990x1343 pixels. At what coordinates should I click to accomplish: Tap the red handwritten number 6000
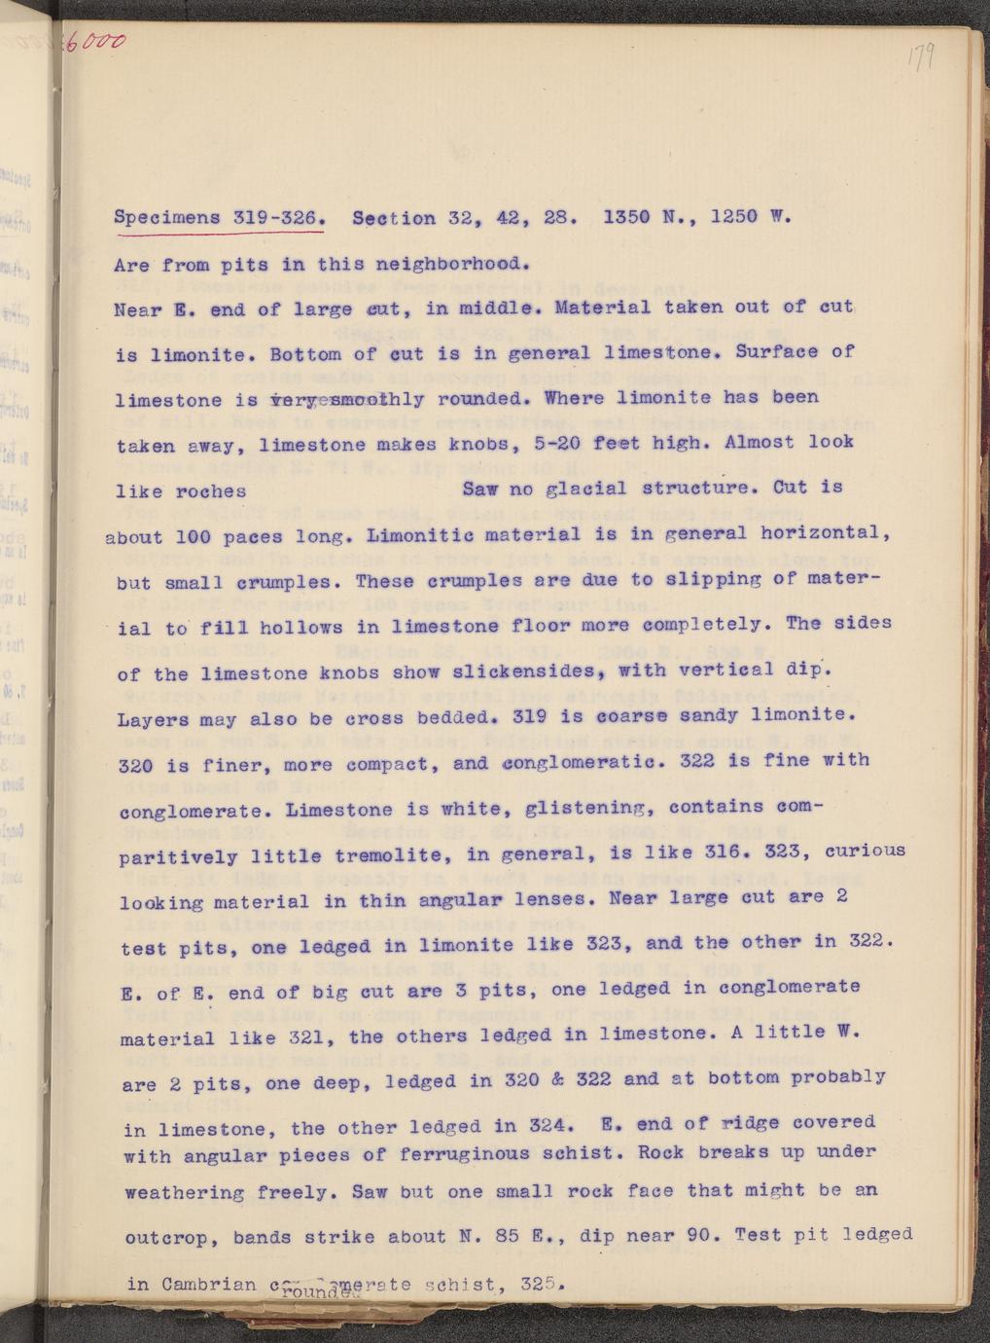pyautogui.click(x=96, y=40)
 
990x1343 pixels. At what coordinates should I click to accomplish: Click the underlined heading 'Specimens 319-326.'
pyautogui.click(x=219, y=218)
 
